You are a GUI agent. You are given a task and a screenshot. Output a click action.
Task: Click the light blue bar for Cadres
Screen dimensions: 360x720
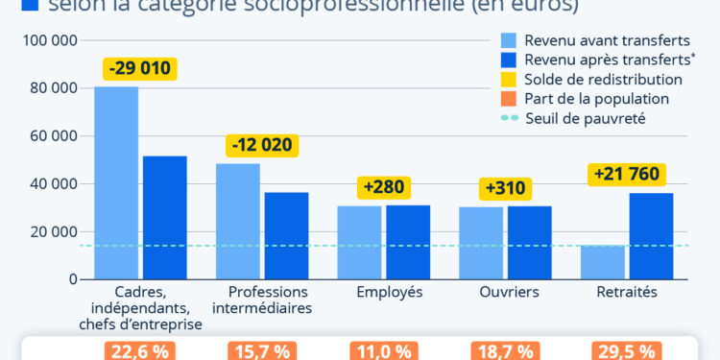(116, 182)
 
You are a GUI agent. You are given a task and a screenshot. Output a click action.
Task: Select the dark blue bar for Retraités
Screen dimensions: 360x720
(652, 235)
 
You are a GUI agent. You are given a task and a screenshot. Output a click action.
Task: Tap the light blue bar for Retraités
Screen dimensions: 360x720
(603, 262)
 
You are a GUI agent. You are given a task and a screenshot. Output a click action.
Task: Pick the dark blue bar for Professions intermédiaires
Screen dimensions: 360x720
(287, 235)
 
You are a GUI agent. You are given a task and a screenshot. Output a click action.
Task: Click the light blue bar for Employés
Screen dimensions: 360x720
(359, 242)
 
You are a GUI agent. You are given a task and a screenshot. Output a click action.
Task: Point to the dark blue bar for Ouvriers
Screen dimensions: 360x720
(530, 242)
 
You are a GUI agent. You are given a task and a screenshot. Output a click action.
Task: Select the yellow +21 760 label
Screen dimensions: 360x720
(627, 175)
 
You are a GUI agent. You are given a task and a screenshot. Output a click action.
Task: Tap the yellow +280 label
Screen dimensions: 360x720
(383, 186)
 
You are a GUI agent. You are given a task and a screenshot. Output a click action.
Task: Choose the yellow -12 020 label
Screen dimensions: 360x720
(262, 146)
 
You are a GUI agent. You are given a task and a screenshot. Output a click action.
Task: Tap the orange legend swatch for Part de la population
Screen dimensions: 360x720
(509, 99)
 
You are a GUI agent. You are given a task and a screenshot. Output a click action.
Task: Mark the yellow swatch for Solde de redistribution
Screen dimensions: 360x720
(509, 80)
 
